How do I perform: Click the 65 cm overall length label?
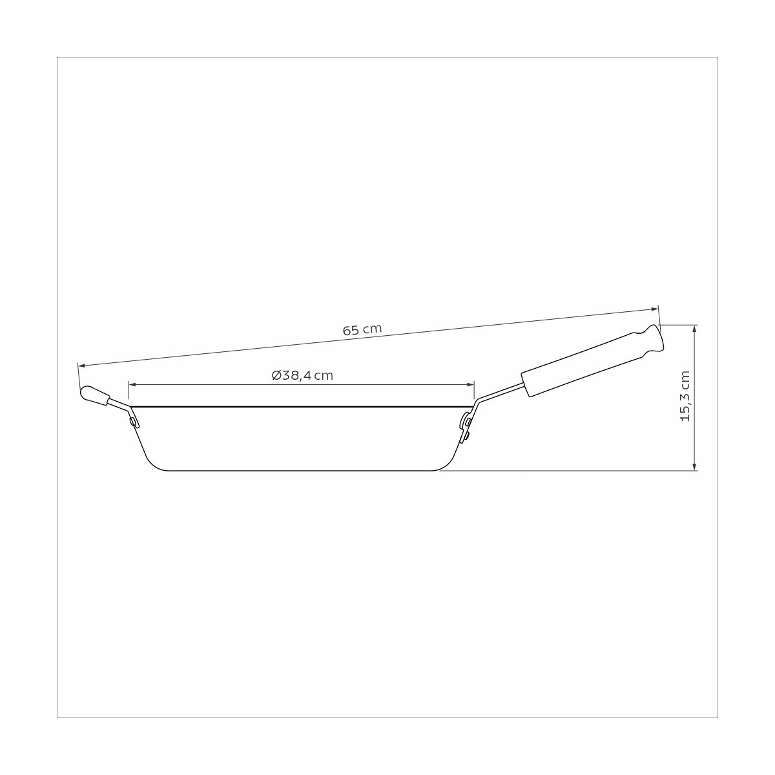coord(362,330)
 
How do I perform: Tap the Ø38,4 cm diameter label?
coord(302,376)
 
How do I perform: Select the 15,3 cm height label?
coord(685,396)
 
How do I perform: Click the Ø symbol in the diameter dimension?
coord(276,376)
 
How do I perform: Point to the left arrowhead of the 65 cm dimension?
coord(82,365)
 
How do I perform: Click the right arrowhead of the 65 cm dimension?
coord(654,309)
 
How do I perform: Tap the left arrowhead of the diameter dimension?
coord(133,385)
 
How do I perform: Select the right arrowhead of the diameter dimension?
coord(470,385)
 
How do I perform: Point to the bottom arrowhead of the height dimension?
coord(694,466)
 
